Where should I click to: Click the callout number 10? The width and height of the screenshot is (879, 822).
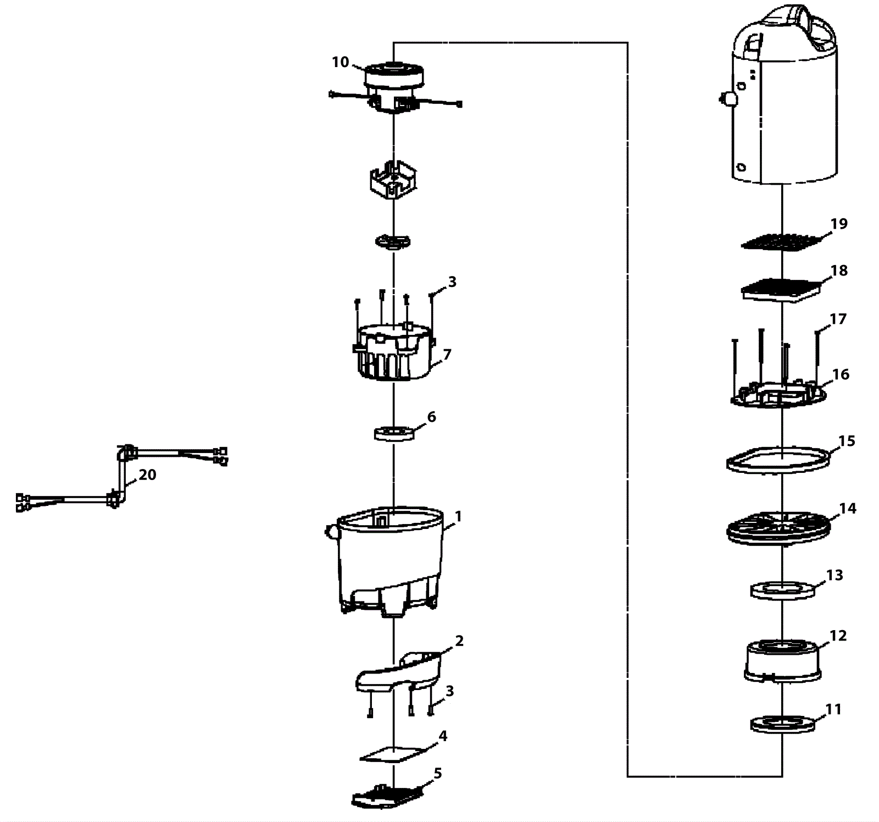[340, 62]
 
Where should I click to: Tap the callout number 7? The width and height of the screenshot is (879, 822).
[447, 355]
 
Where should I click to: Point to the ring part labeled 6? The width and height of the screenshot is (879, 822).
[393, 433]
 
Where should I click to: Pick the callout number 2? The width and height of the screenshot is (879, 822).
[459, 641]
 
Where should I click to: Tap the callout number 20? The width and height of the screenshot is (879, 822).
[147, 475]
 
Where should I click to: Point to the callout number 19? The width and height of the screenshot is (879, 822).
[839, 224]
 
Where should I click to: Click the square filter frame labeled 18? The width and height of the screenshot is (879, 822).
[781, 289]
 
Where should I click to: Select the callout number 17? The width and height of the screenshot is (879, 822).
[838, 319]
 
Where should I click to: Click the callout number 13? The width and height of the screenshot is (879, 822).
[835, 575]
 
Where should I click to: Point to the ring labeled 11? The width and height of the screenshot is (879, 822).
[782, 724]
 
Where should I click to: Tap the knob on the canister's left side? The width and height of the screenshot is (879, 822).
[729, 99]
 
